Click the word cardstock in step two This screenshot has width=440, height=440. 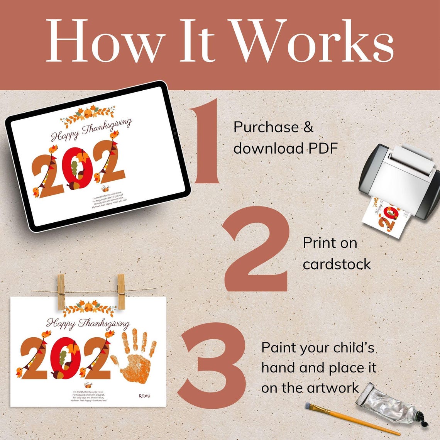point(337,264)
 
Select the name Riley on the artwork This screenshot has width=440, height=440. point(144,396)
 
